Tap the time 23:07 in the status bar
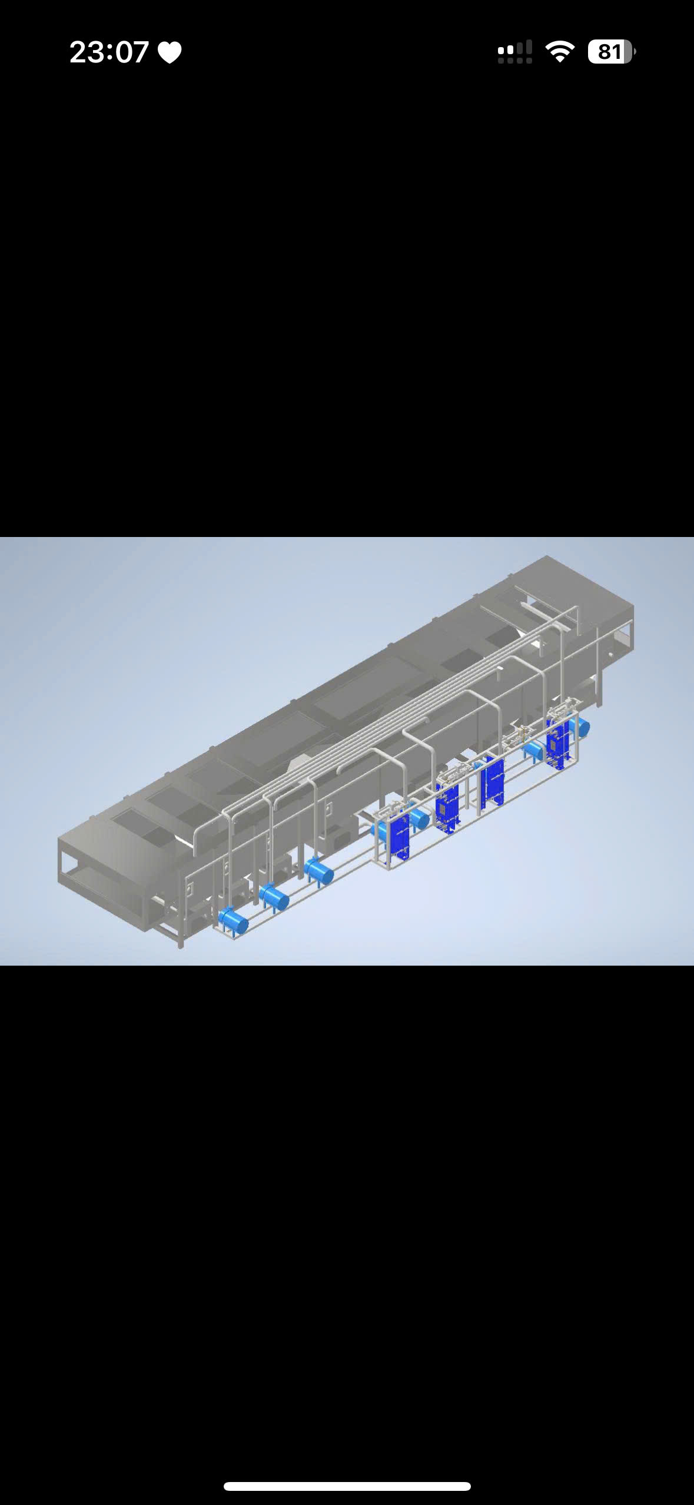pyautogui.click(x=109, y=52)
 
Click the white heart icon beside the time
pyautogui.click(x=170, y=52)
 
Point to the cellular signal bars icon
pyautogui.click(x=514, y=52)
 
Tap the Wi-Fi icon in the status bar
pyautogui.click(x=560, y=52)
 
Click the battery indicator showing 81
pyautogui.click(x=612, y=52)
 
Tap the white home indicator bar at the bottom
pyautogui.click(x=347, y=1486)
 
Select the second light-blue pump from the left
pyautogui.click(x=274, y=897)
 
